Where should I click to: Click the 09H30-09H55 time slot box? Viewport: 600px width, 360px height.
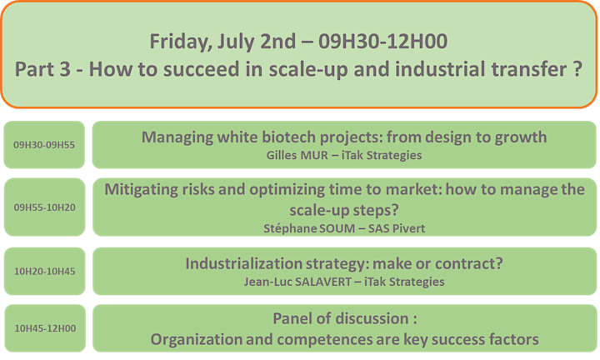pyautogui.click(x=44, y=145)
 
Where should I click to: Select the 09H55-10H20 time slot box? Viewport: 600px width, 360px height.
pyautogui.click(x=44, y=207)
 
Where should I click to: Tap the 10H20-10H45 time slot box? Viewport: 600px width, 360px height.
pyautogui.click(x=45, y=271)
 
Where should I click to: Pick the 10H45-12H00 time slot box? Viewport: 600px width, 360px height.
pyautogui.click(x=45, y=328)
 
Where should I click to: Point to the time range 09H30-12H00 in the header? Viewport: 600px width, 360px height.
pyautogui.click(x=383, y=42)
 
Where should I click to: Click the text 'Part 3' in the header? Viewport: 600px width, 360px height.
pyautogui.click(x=42, y=69)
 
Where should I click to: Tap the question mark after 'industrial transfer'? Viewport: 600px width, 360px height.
pyautogui.click(x=578, y=69)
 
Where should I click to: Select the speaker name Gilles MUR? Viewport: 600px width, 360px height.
pyautogui.click(x=297, y=155)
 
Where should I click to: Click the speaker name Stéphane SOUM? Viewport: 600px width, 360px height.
pyautogui.click(x=309, y=228)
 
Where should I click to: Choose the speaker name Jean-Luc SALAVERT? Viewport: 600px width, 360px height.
pyautogui.click(x=297, y=282)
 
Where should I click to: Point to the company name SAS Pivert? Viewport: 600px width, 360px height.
pyautogui.click(x=397, y=228)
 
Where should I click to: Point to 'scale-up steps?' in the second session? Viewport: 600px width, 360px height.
pyautogui.click(x=344, y=210)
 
